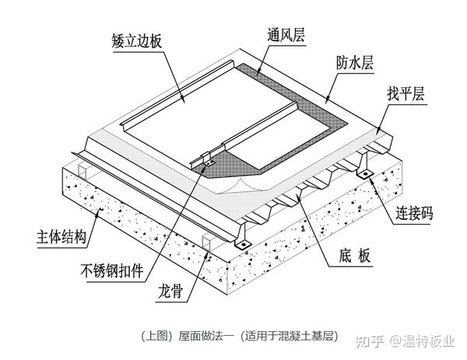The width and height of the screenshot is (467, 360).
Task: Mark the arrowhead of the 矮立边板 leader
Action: coord(185,104)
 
